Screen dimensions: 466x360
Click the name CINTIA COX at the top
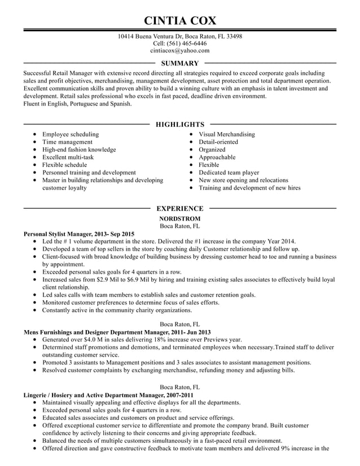(x=179, y=21)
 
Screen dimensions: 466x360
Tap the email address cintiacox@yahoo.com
(x=179, y=50)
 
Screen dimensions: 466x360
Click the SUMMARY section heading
(x=179, y=64)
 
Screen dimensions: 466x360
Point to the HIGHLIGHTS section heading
(x=179, y=124)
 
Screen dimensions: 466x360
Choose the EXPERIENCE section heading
(x=179, y=209)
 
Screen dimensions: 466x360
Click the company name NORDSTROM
(x=179, y=218)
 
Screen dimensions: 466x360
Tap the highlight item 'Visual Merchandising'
(x=227, y=134)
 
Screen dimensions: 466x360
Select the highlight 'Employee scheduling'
(x=71, y=134)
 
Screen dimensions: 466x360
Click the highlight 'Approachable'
(x=217, y=157)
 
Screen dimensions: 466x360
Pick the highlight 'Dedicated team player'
(x=229, y=173)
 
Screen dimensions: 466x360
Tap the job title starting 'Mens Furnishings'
(x=117, y=332)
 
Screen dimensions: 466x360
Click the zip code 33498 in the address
(x=233, y=36)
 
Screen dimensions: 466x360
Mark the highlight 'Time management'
(x=67, y=142)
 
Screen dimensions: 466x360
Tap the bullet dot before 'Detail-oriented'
(x=192, y=142)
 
